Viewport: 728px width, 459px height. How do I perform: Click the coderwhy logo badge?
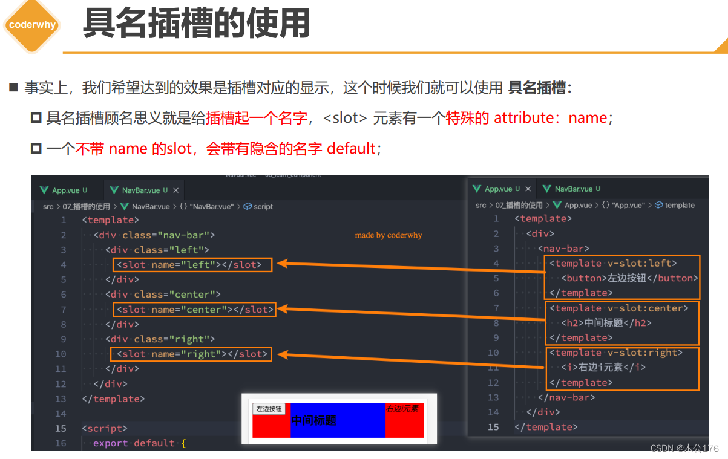pos(31,25)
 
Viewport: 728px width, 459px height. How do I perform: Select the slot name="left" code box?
pos(192,265)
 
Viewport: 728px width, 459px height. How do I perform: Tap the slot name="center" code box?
pos(194,310)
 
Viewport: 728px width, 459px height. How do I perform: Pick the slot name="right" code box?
pos(192,354)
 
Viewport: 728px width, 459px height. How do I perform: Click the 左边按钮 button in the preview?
pos(269,409)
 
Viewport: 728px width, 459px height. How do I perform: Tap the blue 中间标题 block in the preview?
pos(338,420)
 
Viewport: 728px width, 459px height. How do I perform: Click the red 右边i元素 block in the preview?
pos(404,420)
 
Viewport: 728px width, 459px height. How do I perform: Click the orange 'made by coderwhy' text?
pos(389,235)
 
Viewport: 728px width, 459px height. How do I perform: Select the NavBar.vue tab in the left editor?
pos(140,190)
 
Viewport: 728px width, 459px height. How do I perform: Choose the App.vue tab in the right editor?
pos(498,189)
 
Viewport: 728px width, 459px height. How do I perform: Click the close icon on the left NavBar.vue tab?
pos(176,190)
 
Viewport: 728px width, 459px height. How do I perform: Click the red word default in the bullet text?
pos(351,148)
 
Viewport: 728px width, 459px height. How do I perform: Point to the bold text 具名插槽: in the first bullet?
pos(540,88)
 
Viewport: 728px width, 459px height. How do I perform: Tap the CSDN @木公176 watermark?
pos(684,448)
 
